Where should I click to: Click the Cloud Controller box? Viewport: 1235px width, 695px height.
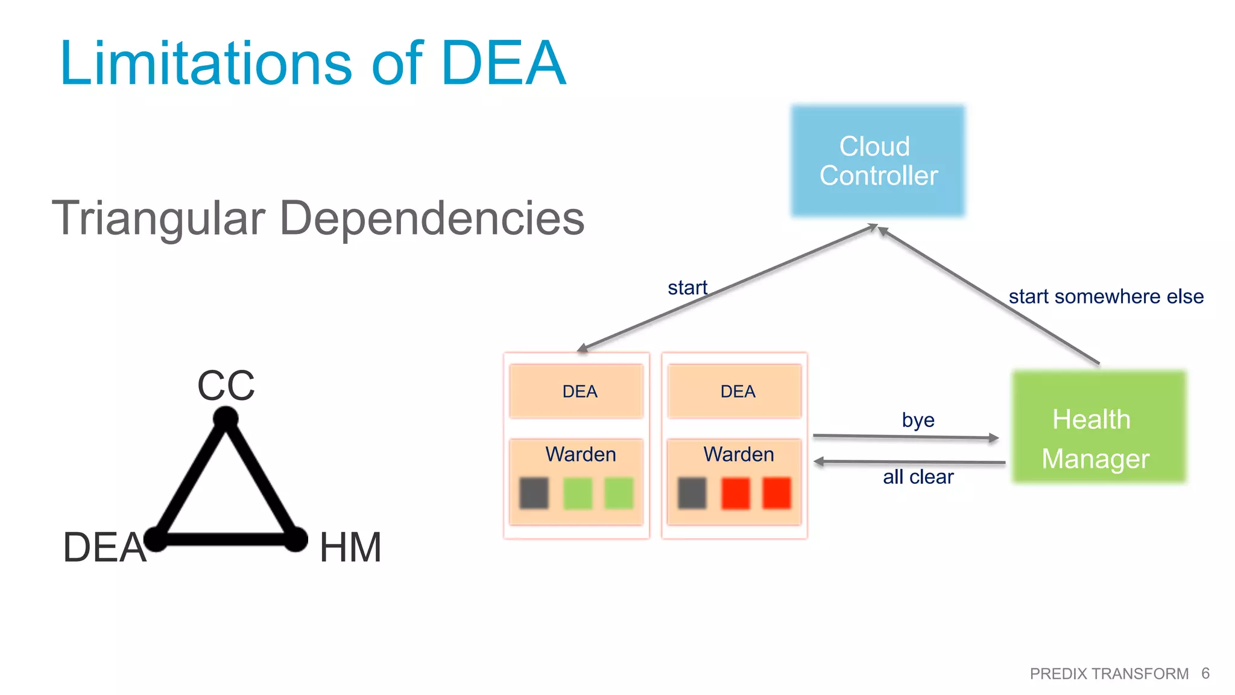(x=878, y=160)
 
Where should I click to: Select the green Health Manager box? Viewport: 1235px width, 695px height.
(x=1099, y=427)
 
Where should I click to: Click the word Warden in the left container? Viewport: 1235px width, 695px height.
(x=581, y=454)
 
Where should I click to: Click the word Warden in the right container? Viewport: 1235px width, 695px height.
(x=739, y=454)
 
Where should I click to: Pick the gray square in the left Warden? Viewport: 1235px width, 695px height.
(x=534, y=493)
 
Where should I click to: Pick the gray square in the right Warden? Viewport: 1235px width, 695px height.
(x=692, y=493)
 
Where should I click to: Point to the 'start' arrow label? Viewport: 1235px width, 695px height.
(x=687, y=288)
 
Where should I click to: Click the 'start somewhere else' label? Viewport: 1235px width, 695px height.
(x=1106, y=297)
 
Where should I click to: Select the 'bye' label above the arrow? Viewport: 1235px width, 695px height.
(x=918, y=420)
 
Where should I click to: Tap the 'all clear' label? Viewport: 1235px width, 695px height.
(x=918, y=477)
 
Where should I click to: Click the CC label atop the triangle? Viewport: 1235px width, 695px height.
(x=226, y=386)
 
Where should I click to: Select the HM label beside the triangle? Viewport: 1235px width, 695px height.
(x=350, y=547)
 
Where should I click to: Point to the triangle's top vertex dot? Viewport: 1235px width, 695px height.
(x=226, y=418)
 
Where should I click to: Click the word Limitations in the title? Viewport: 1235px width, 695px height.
(x=206, y=63)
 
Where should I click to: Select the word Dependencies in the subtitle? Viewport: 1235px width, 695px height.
(x=432, y=218)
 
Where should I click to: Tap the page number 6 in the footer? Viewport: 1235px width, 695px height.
(x=1205, y=673)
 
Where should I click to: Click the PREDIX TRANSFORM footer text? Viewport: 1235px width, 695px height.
(x=1109, y=674)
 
